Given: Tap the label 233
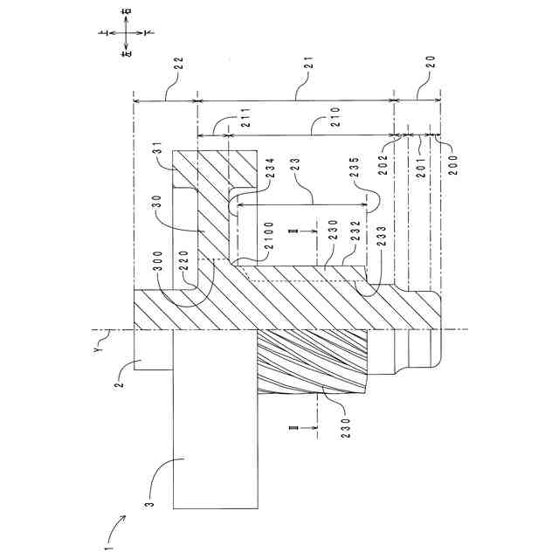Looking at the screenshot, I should coord(381,244).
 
